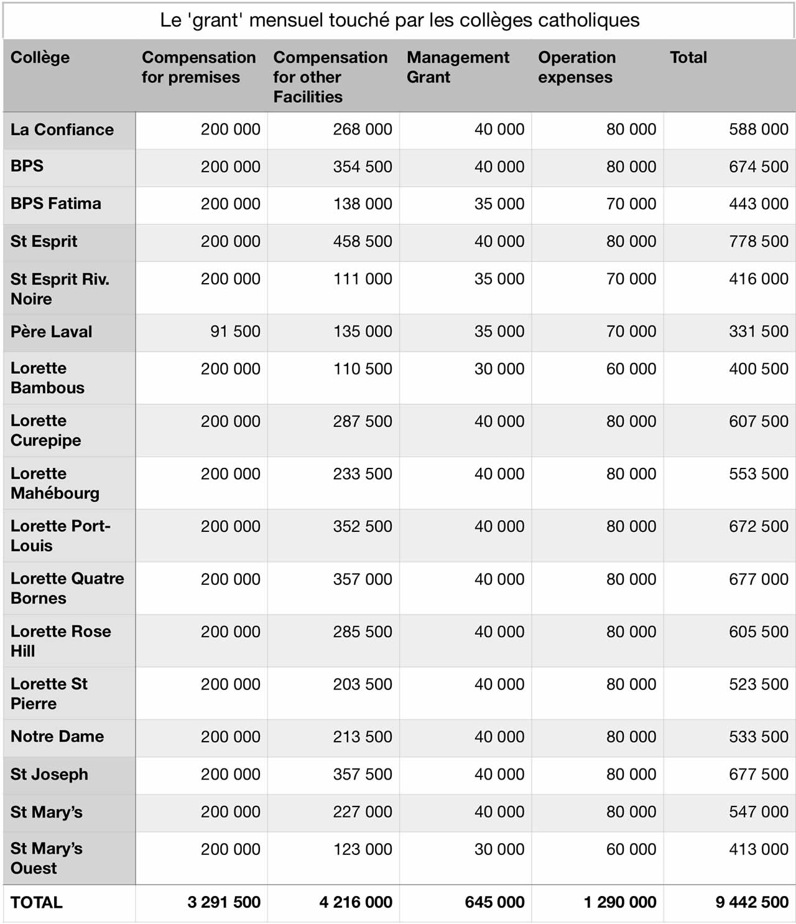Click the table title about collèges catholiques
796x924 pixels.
tap(399, 21)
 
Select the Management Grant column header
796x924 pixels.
tap(458, 67)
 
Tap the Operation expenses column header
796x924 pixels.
tap(576, 67)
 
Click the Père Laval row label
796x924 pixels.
tap(51, 332)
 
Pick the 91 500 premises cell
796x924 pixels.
tap(235, 332)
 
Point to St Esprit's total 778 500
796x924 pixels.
tap(758, 241)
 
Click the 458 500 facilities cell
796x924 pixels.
tap(363, 241)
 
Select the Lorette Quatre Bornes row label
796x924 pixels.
tap(67, 588)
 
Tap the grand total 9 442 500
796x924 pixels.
tap(751, 902)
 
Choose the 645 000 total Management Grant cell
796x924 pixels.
tap(494, 902)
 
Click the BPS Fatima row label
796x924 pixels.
tap(55, 203)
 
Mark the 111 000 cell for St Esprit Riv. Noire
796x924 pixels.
tap(363, 279)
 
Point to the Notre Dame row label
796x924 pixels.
tap(57, 737)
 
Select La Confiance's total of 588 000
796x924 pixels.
tap(758, 129)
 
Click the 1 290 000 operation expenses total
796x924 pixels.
tap(619, 902)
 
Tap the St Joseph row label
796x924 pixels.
tap(49, 775)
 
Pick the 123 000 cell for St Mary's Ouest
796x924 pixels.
tap(363, 849)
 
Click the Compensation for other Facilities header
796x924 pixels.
tap(330, 77)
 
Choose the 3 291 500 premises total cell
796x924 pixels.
tap(224, 902)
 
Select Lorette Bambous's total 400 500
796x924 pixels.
tap(758, 369)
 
